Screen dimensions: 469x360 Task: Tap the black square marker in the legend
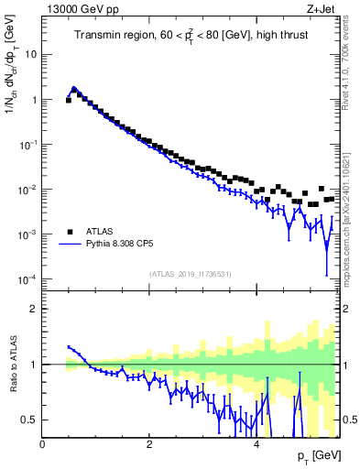click(70, 232)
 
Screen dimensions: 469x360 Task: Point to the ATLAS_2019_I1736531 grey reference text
click(191, 274)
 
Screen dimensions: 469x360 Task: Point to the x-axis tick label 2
click(148, 443)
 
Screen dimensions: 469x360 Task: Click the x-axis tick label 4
click(256, 443)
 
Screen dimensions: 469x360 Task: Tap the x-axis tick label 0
click(42, 443)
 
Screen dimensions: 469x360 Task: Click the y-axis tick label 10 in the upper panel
click(29, 54)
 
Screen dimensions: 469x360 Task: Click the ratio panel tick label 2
click(33, 309)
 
